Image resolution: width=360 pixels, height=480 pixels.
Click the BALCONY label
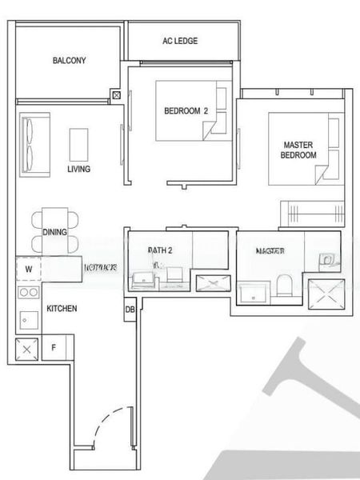click(70, 61)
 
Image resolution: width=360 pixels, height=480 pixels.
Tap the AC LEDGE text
click(180, 41)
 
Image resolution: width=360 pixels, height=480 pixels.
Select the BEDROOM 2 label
click(186, 111)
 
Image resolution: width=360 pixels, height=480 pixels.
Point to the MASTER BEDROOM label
click(298, 150)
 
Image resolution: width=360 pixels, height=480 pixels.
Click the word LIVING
click(78, 169)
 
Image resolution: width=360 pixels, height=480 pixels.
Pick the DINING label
click(54, 232)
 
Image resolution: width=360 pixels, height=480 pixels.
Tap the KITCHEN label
click(62, 308)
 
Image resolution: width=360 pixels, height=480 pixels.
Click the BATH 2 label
click(160, 250)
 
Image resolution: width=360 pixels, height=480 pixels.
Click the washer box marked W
click(29, 270)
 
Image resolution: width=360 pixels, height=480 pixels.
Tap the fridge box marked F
click(54, 347)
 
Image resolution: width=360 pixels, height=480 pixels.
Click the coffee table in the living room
click(79, 145)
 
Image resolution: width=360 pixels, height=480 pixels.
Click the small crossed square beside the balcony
click(117, 95)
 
